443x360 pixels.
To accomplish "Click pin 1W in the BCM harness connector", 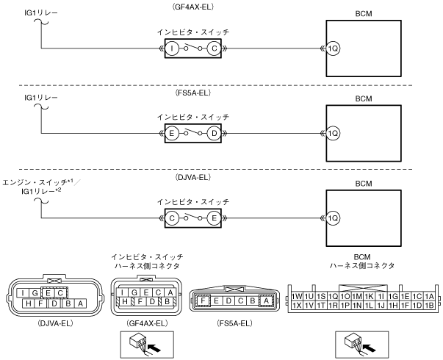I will (297, 295).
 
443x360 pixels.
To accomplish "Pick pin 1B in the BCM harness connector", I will (429, 305).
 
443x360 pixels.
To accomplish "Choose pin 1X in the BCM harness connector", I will (297, 305).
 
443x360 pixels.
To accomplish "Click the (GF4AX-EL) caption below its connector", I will (144, 323).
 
